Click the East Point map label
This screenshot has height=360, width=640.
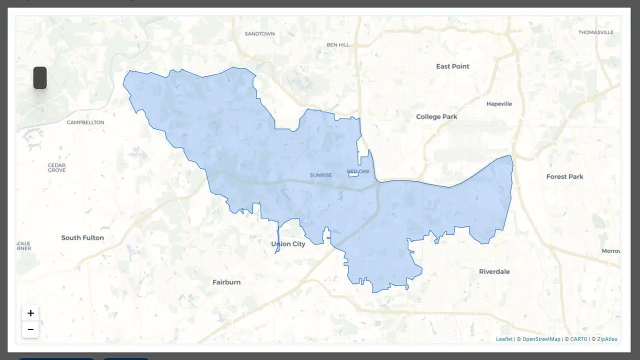pyautogui.click(x=452, y=66)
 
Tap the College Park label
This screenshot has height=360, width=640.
pyautogui.click(x=436, y=116)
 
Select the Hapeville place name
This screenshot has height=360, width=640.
pyautogui.click(x=499, y=104)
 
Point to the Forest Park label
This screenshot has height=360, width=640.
pyautogui.click(x=564, y=176)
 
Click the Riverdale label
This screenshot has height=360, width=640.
pyautogui.click(x=494, y=271)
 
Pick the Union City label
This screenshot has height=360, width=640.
pyautogui.click(x=288, y=244)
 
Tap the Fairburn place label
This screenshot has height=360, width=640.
pyautogui.click(x=226, y=282)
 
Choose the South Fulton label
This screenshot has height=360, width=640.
pyautogui.click(x=82, y=237)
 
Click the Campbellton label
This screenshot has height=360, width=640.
pyautogui.click(x=85, y=122)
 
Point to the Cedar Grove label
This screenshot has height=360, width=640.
pyautogui.click(x=56, y=167)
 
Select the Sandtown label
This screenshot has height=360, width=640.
pyautogui.click(x=259, y=34)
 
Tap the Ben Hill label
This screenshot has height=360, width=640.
pyautogui.click(x=337, y=44)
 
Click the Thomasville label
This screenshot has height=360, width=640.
pyautogui.click(x=595, y=32)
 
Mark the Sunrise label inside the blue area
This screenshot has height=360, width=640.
pyautogui.click(x=320, y=175)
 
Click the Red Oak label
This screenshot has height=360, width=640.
pyautogui.click(x=358, y=171)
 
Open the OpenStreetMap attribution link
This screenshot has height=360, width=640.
pyautogui.click(x=541, y=339)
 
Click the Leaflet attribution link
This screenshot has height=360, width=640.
pyautogui.click(x=504, y=339)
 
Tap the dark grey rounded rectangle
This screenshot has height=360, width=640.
pyautogui.click(x=40, y=78)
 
